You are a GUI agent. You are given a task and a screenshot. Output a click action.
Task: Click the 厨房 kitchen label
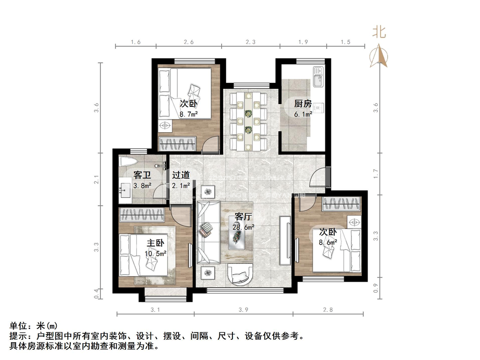[303, 104]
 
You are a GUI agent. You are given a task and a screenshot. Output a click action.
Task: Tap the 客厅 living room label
[244, 217]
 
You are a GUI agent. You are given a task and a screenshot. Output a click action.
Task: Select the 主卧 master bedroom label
[156, 244]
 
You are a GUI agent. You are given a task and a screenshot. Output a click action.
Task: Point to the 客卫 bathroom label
[142, 175]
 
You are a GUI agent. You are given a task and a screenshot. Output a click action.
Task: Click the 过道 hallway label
[181, 175]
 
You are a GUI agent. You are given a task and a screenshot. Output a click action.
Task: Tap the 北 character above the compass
[379, 32]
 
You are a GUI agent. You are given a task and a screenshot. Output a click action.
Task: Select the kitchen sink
[318, 76]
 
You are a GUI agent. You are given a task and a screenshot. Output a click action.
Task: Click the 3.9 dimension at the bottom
[243, 310]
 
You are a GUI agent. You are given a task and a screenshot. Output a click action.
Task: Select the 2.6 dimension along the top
[188, 42]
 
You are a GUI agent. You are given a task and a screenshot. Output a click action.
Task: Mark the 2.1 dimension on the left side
[96, 180]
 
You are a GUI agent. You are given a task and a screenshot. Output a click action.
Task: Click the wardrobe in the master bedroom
[142, 215]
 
